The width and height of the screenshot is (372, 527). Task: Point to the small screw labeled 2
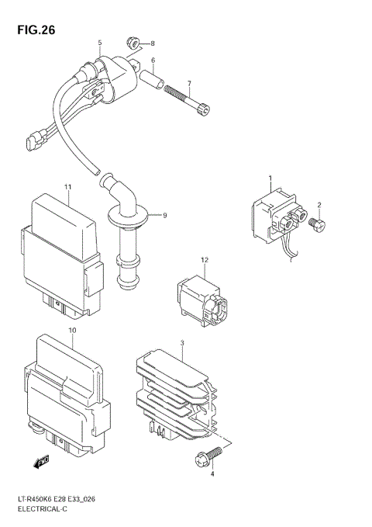coord(317,224)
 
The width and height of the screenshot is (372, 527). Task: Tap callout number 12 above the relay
coord(205,260)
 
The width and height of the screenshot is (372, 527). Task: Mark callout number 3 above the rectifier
coord(181,342)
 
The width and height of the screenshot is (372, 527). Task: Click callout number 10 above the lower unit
coord(71,331)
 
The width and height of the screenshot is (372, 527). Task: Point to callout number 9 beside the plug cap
coord(164,214)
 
